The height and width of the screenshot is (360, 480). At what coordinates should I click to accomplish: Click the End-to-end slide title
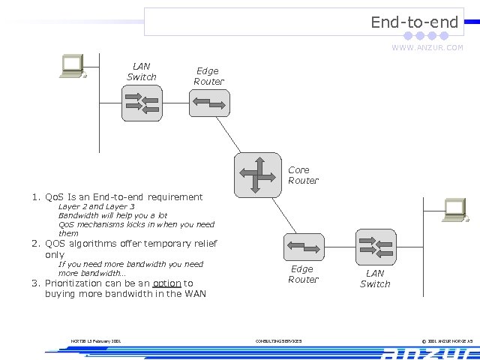pyautogui.click(x=414, y=22)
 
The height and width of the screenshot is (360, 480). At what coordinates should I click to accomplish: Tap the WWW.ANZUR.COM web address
pyautogui.click(x=427, y=48)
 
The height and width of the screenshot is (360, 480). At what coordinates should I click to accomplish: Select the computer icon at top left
pyautogui.click(x=73, y=66)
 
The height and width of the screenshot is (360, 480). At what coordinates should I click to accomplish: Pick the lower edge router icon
pyautogui.click(x=303, y=247)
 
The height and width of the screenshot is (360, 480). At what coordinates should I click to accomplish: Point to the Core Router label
pyautogui.click(x=303, y=175)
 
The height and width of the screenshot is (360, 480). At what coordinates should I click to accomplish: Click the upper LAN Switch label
pyautogui.click(x=141, y=71)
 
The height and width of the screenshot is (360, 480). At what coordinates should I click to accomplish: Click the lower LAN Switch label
pyautogui.click(x=375, y=279)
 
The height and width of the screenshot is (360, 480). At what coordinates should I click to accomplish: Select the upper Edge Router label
pyautogui.click(x=208, y=76)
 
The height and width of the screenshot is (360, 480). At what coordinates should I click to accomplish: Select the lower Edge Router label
pyautogui.click(x=303, y=274)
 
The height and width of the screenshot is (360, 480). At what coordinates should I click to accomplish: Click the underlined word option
pyautogui.click(x=166, y=283)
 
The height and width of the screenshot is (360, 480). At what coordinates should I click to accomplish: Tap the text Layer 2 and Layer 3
pyautogui.click(x=96, y=206)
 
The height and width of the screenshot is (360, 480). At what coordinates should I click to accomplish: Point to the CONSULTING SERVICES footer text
pyautogui.click(x=278, y=341)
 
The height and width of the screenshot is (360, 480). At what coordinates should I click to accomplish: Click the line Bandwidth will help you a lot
pyautogui.click(x=112, y=215)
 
